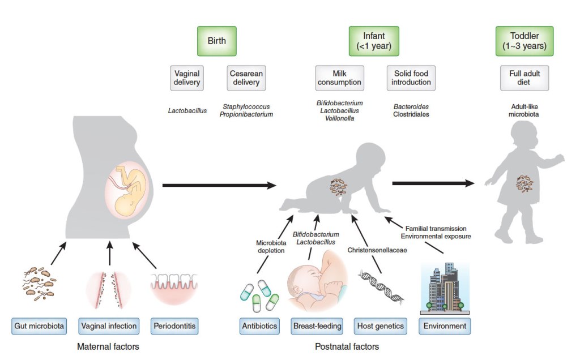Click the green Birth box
(216, 41)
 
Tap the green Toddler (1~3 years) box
(524, 41)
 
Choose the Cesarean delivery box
(246, 78)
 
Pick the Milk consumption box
(339, 78)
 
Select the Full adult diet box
(524, 78)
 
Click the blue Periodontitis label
(175, 326)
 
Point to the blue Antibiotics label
(259, 326)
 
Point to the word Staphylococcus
(246, 106)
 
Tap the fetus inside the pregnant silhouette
(130, 191)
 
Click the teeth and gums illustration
(175, 289)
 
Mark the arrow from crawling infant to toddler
(433, 183)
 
